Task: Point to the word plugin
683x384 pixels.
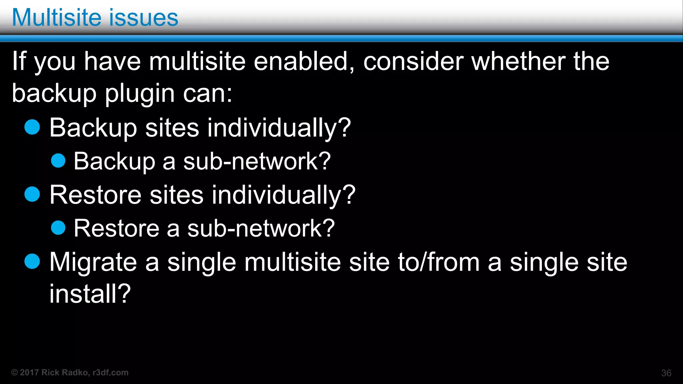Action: (x=140, y=94)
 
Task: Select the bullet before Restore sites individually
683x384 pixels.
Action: (x=32, y=194)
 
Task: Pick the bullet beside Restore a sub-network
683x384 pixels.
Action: (x=58, y=228)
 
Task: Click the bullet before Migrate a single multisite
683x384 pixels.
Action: (x=32, y=261)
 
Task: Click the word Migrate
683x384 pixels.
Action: (x=93, y=262)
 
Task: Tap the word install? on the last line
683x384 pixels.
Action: (x=90, y=294)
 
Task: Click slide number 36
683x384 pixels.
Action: (x=666, y=373)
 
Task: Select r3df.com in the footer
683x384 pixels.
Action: (x=110, y=373)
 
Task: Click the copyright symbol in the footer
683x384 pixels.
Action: (x=15, y=373)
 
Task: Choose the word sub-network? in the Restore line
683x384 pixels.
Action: (x=261, y=228)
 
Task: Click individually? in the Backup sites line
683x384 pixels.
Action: (x=279, y=128)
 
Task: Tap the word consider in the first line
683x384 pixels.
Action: (x=413, y=61)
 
